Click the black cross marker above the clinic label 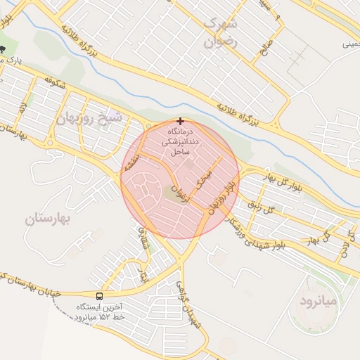pos(181,121)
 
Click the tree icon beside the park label pos(4,49)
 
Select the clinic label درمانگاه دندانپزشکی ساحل pos(181,141)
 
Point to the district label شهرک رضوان pos(220,32)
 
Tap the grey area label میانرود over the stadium pos(319,300)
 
